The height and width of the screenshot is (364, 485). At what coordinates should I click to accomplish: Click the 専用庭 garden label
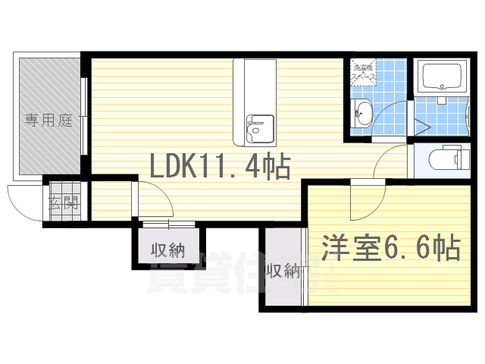pyautogui.click(x=48, y=120)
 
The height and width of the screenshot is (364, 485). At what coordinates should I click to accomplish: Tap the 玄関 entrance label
pyautogui.click(x=63, y=202)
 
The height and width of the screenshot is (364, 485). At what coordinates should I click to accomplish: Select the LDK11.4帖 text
pyautogui.click(x=219, y=165)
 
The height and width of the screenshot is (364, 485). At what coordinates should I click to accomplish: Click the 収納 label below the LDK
pyautogui.click(x=167, y=249)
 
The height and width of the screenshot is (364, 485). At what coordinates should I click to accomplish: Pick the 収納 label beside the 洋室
pyautogui.click(x=281, y=271)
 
